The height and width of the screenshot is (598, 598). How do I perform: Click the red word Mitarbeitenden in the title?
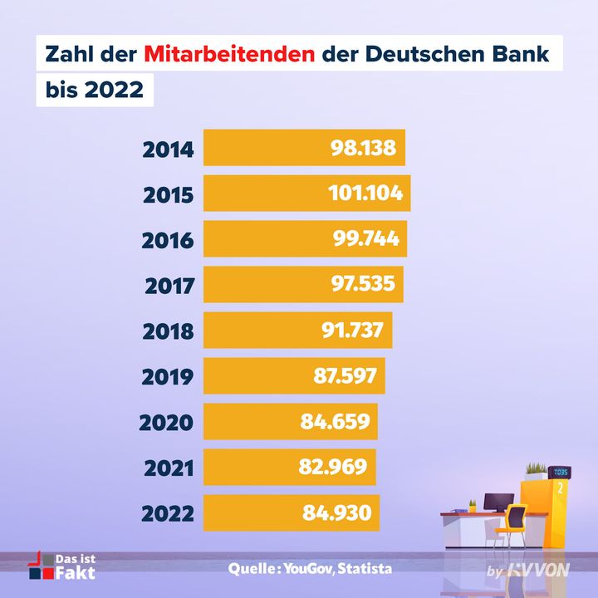(228, 54)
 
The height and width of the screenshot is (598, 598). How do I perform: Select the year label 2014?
(168, 151)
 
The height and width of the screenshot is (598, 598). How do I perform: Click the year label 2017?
(169, 287)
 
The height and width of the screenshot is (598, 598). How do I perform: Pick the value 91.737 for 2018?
(352, 331)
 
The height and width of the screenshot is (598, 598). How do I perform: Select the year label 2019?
(168, 377)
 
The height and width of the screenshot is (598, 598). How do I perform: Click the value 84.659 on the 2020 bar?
(335, 422)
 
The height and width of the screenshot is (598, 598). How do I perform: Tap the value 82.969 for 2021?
(332, 467)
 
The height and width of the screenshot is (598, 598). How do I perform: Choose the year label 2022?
(168, 513)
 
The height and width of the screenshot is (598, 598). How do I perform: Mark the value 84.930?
(336, 512)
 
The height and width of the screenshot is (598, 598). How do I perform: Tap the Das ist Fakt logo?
(62, 566)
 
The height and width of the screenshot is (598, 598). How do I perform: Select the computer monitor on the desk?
(499, 502)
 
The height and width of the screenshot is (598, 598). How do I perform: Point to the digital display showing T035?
(560, 473)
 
